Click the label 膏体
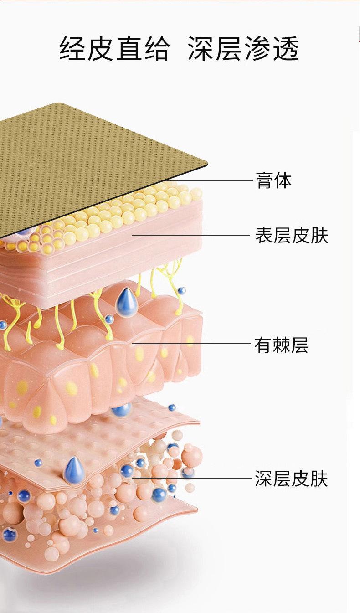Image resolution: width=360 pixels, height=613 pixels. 273,181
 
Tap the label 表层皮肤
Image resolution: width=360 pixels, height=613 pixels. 291,236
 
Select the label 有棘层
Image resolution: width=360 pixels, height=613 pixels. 281,345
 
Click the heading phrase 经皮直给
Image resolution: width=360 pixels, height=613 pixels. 114,49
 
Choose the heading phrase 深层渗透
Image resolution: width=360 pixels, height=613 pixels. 243,49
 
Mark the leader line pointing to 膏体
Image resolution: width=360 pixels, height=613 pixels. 214,181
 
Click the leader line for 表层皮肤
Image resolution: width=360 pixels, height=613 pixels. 191,236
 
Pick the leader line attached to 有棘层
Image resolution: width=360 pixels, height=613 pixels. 191,344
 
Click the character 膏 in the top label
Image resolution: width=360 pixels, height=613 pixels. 264,181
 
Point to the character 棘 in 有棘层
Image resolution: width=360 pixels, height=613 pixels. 281,345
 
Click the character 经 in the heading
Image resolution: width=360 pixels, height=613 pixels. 73,49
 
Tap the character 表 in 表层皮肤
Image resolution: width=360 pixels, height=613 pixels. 264,236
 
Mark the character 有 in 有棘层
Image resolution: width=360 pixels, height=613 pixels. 263,345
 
